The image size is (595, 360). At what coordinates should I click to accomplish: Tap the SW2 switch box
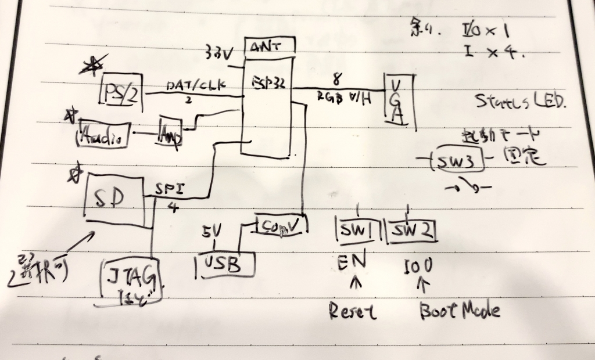tap(411, 232)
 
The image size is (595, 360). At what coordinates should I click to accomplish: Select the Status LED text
tap(521, 103)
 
